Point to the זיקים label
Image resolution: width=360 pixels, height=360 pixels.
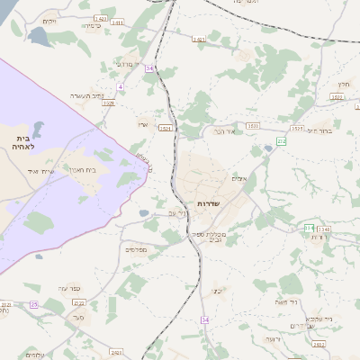[x=49, y=21]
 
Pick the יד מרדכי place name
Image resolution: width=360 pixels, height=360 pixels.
[x=125, y=64]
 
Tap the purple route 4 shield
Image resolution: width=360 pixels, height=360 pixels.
[x=120, y=86]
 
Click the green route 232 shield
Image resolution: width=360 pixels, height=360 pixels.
[x=282, y=141]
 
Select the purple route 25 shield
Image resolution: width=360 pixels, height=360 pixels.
[x=33, y=305]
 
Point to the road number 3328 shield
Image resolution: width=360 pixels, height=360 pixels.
[x=108, y=103]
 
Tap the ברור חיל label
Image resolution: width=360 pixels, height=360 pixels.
[x=320, y=130]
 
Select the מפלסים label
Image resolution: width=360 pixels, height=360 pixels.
[x=135, y=249]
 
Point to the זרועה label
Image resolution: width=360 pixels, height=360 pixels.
[x=272, y=338]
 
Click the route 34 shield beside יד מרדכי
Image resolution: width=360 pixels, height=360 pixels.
[x=149, y=67]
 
